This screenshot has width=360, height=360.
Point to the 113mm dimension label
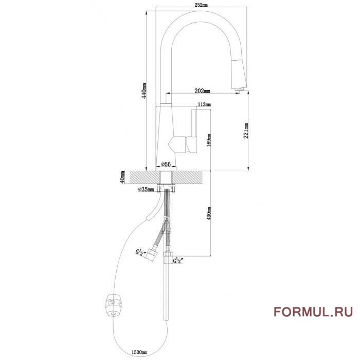[x=205, y=104]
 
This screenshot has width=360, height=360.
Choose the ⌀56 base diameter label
[x=166, y=164]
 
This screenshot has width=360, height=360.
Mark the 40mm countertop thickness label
[x=122, y=177]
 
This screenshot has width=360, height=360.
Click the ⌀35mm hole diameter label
[x=147, y=190]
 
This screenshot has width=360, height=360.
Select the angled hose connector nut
[x=153, y=254]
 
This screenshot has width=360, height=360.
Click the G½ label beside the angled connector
[x=139, y=251]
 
